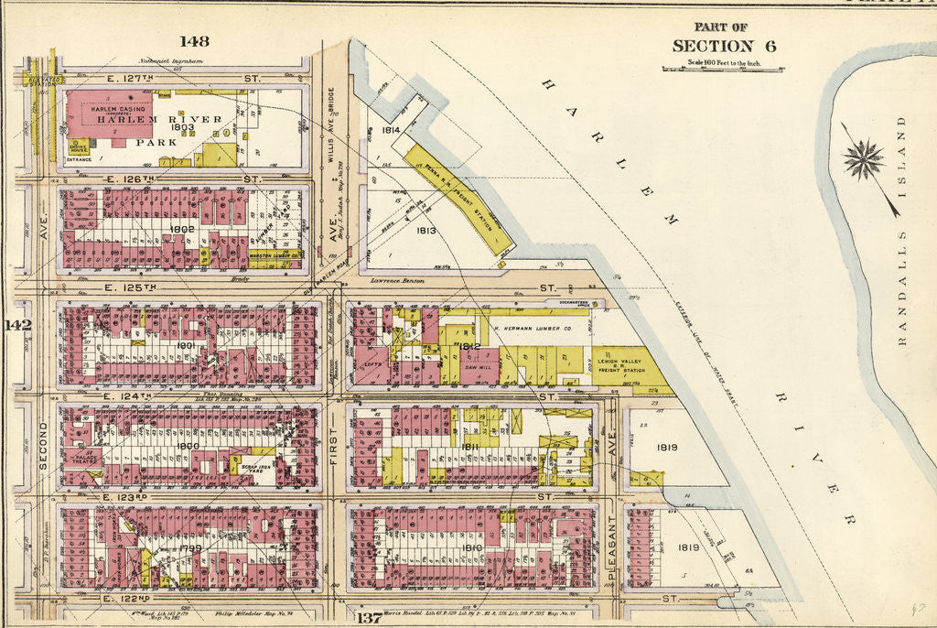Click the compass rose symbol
pos(864,159)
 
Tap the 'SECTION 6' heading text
pos(713,46)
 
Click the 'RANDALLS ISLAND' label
pos(901,230)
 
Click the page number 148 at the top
pos(194,40)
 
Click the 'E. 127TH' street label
pos(128,79)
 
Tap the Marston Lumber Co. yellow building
pos(274,255)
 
